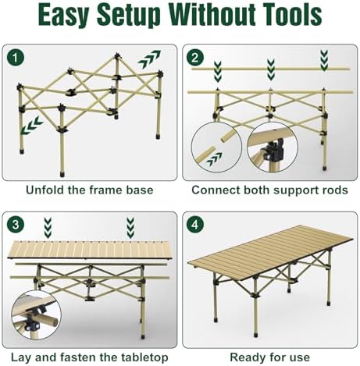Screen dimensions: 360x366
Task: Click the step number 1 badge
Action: coord(16,58)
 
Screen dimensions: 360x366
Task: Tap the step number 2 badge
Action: coord(195,58)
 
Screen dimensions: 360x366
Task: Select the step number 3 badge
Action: coord(16,224)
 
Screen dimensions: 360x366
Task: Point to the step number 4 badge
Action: coord(195,224)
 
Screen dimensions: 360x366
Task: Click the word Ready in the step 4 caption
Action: coord(244,357)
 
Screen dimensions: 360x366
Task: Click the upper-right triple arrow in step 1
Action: coord(149,59)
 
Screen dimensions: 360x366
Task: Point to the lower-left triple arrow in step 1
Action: coord(32,126)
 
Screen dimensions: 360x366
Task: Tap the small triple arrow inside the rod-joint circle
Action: coord(214,159)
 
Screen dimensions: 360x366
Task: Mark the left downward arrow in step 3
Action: coord(48,228)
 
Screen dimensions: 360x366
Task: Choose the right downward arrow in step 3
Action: coord(130,228)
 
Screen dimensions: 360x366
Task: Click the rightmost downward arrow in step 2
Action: coord(324,61)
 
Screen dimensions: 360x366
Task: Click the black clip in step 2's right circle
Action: coord(274,151)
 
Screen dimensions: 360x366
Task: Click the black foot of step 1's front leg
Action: coord(62,174)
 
